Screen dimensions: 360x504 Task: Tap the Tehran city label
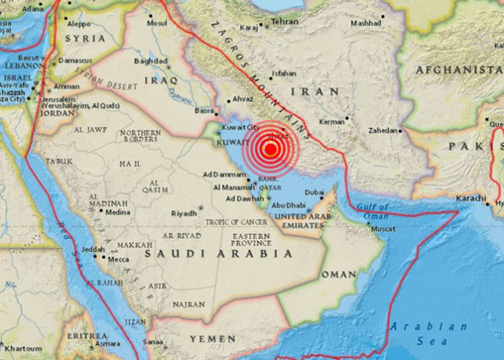click(285, 22)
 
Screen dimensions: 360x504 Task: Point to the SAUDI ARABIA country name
click(219, 254)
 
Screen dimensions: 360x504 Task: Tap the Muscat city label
click(383, 229)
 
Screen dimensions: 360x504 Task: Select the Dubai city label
click(314, 192)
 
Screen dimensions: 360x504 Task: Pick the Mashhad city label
click(366, 22)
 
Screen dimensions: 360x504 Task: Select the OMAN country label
click(338, 275)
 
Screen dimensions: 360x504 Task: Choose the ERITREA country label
click(87, 336)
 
